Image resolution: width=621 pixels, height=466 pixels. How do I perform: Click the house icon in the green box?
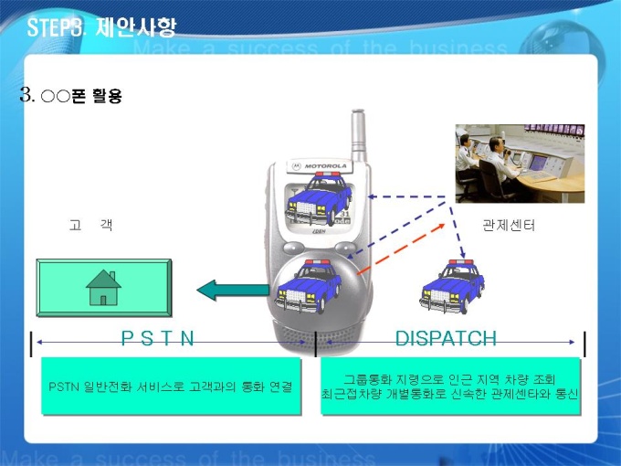click(103, 287)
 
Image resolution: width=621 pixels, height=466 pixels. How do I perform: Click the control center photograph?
click(520, 164)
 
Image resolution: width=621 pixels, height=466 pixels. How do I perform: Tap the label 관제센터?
click(508, 225)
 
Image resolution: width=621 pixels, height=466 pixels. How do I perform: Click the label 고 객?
click(90, 225)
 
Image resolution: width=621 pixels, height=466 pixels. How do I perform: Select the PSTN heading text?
click(158, 339)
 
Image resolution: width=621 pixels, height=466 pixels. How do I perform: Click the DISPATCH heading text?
click(446, 339)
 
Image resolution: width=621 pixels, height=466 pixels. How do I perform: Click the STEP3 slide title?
click(102, 26)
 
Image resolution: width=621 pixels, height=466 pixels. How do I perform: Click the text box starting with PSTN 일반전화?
click(171, 387)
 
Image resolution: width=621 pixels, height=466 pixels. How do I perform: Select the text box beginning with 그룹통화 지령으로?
click(451, 387)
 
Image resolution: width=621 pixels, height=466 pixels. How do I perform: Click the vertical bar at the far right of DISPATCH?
click(584, 344)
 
